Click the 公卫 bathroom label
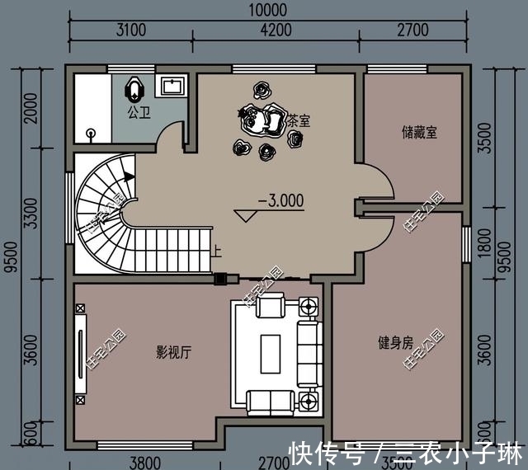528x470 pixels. (139, 110)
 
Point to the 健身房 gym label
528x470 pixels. (395, 342)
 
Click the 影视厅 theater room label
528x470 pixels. (174, 352)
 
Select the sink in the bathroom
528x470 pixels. (174, 85)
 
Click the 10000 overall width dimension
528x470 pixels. (266, 11)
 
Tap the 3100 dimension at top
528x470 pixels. (130, 31)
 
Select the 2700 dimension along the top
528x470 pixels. (412, 31)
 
